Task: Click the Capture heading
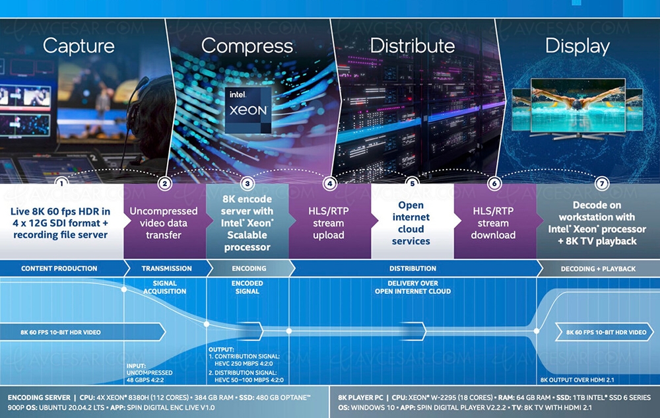coord(79,46)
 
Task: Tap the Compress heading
coord(247,46)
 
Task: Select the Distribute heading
coord(412,46)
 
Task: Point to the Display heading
coord(577,46)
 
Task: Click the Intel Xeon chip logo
coord(248,105)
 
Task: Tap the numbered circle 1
coord(61,183)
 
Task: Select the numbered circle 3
coord(247,183)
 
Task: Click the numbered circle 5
coord(412,183)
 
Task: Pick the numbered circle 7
coord(600,183)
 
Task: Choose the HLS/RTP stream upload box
coord(328,223)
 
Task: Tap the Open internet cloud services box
coord(411,223)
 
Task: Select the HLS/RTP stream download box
coord(494,223)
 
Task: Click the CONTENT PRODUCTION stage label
coord(59,268)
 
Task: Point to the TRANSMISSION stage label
coord(167,268)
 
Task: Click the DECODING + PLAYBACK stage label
coord(598,269)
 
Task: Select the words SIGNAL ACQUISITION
coord(164,287)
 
